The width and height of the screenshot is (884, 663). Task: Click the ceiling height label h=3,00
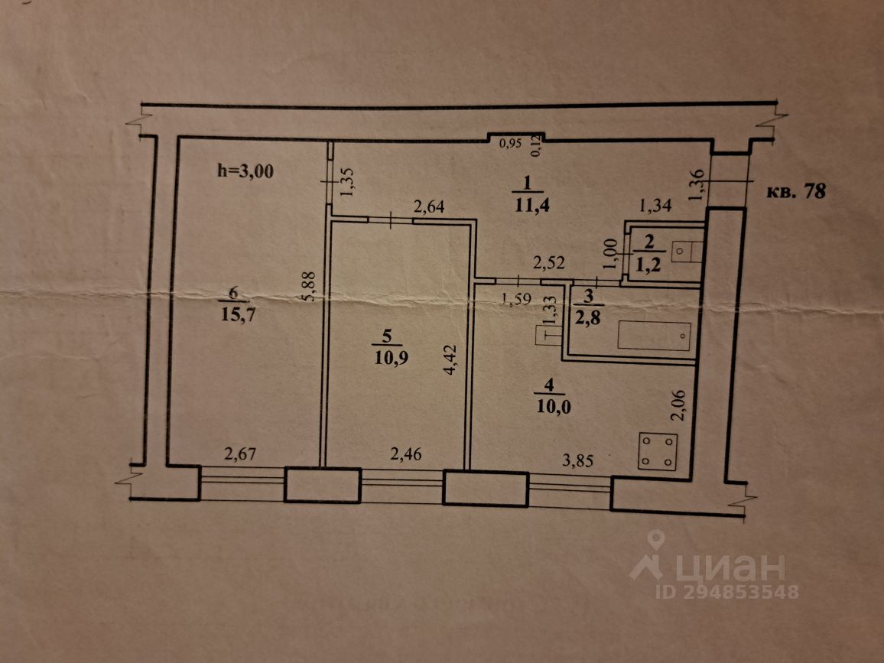coord(245,171)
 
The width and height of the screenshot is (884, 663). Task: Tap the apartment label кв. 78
coord(795,191)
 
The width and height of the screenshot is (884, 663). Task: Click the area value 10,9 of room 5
coord(390,358)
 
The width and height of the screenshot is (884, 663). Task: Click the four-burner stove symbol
coord(658,451)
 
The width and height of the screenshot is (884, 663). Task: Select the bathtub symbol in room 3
coord(654,336)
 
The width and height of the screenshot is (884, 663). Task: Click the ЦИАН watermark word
coord(726,567)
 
